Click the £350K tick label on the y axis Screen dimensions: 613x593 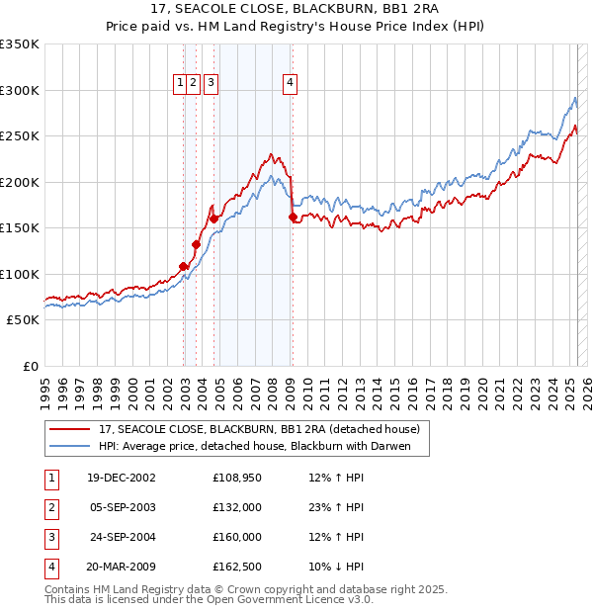pyautogui.click(x=19, y=44)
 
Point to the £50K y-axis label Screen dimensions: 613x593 pyautogui.click(x=22, y=320)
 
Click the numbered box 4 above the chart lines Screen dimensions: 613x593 pyautogui.click(x=291, y=84)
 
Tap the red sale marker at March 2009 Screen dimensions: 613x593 pyautogui.click(x=293, y=218)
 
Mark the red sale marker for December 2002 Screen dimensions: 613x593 pyautogui.click(x=184, y=266)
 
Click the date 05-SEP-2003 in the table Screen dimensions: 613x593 pyautogui.click(x=122, y=507)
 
